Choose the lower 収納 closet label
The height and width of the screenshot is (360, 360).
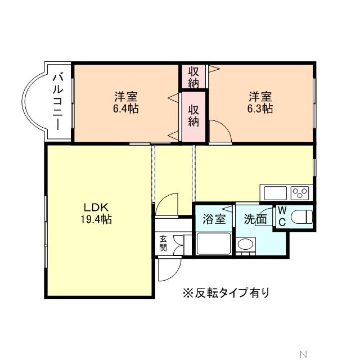193,115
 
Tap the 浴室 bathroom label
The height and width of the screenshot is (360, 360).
214,219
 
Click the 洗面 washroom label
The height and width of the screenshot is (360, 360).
255,219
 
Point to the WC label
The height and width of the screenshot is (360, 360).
282,217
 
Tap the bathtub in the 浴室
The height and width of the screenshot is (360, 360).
213,245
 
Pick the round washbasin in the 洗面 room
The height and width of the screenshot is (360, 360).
245,245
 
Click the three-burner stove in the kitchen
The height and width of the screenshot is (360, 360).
300,193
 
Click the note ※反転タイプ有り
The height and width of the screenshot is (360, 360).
225,292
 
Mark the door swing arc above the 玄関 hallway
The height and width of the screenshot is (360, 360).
168,204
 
